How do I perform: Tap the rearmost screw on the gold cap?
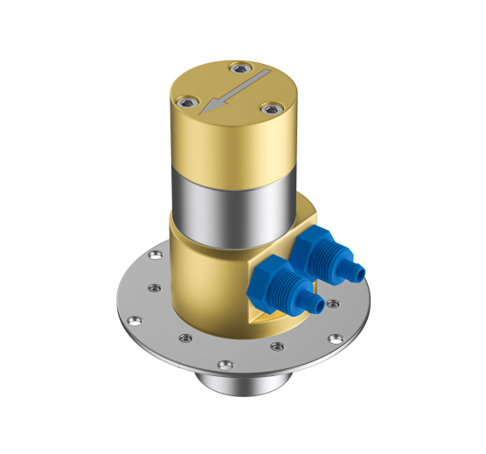click(x=235, y=67)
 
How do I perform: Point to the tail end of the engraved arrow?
click(x=262, y=77)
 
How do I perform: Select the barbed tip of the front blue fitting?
click(x=317, y=305)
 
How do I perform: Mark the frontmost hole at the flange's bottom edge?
click(x=226, y=364)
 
